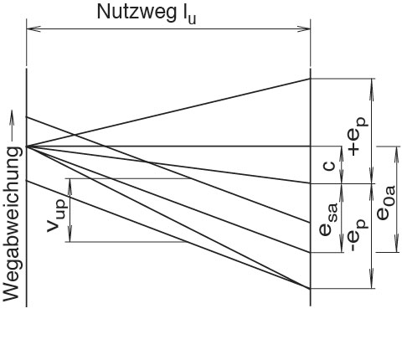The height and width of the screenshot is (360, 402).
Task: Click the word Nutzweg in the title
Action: point(136,13)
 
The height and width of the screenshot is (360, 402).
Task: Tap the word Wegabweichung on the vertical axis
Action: point(12,224)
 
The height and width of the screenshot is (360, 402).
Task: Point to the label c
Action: point(328,166)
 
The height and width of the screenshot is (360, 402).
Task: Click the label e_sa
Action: point(328,219)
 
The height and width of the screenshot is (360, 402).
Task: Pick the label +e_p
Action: point(358,136)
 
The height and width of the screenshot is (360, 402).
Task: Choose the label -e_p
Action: point(358,235)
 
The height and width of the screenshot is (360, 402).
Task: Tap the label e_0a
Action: point(386,203)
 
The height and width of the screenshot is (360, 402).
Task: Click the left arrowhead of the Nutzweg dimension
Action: point(33,28)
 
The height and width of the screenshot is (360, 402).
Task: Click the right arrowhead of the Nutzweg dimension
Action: point(304,28)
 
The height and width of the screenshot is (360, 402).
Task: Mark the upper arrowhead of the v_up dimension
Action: point(70,185)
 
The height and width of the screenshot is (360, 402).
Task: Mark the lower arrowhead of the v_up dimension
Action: point(70,235)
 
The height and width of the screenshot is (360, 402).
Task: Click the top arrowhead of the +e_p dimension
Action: point(371,85)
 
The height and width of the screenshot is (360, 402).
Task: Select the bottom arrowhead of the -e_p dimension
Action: point(371,281)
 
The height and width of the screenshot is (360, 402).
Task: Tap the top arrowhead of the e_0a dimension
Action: point(396,153)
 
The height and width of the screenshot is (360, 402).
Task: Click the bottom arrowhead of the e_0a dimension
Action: point(396,245)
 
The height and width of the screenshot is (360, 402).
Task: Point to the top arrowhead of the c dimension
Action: point(341,153)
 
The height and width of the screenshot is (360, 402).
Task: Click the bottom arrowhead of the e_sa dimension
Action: point(341,245)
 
